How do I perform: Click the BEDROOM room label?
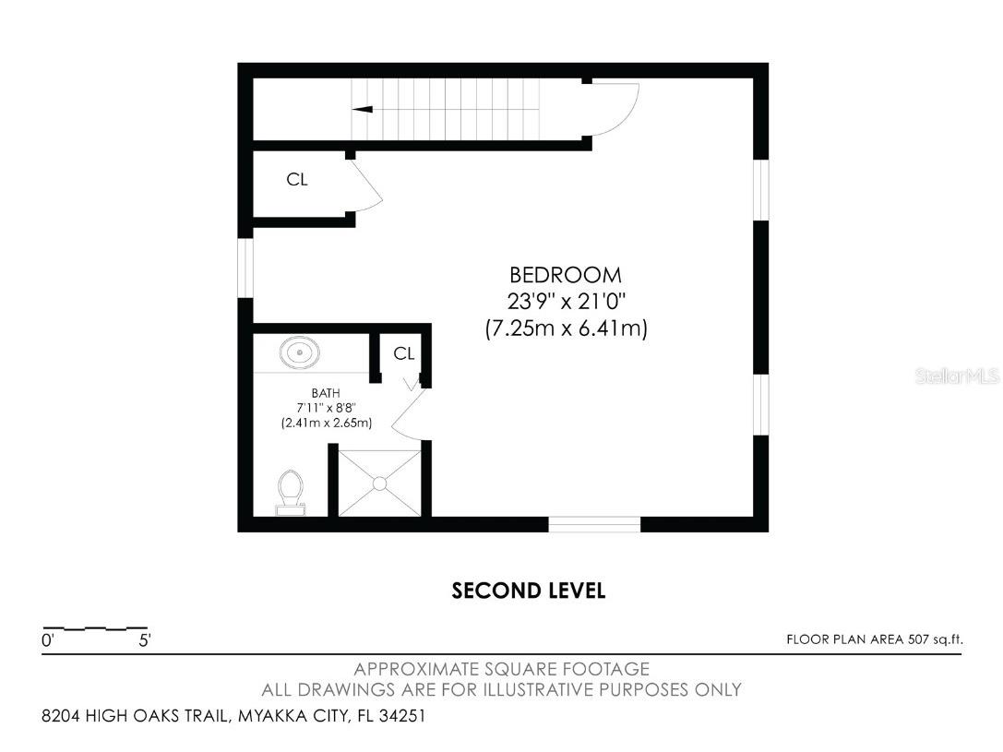coord(566,275)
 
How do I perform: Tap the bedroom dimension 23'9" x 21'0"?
coord(566,301)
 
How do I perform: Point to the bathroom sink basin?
coord(299,353)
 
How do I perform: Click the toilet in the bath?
coord(291,493)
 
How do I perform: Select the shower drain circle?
coord(380,483)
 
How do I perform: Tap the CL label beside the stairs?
coord(297,180)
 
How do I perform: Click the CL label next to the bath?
coord(403,353)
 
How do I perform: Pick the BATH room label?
coord(326,393)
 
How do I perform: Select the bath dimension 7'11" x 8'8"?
coord(326,407)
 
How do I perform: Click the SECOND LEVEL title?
coord(529,591)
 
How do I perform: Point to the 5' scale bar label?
coord(145,640)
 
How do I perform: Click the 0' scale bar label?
coord(48,640)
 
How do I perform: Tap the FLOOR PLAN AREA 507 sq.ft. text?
coord(875,639)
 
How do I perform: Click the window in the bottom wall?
coord(594,524)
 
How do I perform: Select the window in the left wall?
coord(245,268)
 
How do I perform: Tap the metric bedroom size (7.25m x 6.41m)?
coord(567,328)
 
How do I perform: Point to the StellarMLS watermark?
coord(958,376)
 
